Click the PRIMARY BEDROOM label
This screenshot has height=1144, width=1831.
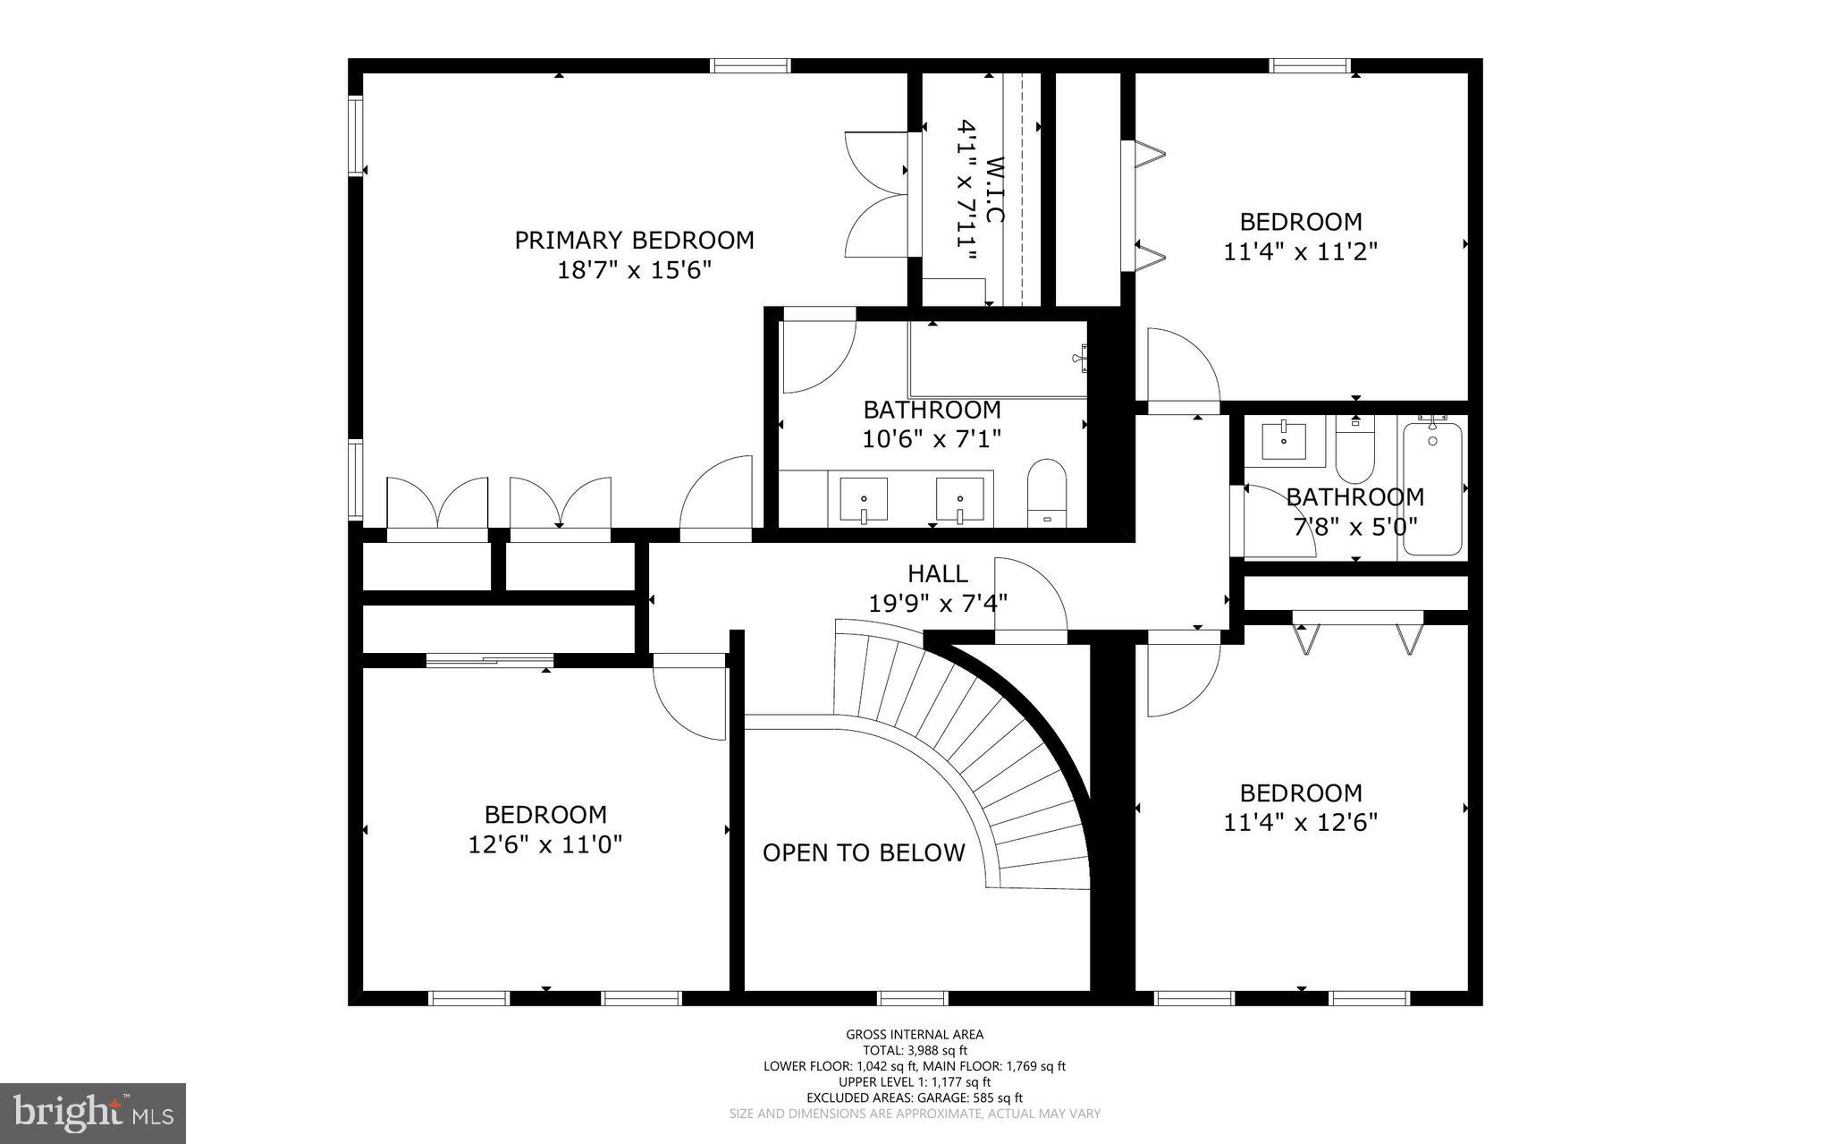(634, 240)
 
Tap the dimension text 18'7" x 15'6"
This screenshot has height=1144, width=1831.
(634, 269)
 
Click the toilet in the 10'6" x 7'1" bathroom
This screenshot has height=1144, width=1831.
(1047, 493)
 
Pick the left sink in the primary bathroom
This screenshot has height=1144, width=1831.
(864, 499)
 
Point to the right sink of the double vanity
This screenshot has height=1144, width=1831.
(960, 499)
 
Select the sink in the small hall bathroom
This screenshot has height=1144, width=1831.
(1284, 441)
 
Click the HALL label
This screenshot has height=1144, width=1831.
(938, 573)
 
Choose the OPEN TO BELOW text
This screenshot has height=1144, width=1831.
(864, 852)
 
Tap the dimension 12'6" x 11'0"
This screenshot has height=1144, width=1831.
(545, 843)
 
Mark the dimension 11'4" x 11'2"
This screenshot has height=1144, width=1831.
(1300, 251)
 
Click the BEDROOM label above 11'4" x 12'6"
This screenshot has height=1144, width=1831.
(1301, 792)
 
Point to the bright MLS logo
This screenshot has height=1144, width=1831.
(93, 1113)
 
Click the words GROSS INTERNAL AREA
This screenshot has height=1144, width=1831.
(915, 1035)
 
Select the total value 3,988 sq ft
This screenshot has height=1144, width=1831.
(937, 1051)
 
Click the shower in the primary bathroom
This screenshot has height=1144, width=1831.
(997, 358)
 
